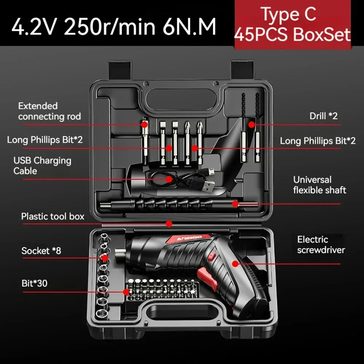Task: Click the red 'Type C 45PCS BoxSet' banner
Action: click(293, 24)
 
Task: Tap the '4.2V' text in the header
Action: click(33, 27)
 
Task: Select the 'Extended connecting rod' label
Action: click(50, 111)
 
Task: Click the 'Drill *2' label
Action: click(323, 116)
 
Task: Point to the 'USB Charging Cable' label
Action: click(42, 166)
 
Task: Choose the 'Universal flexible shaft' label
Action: click(320, 185)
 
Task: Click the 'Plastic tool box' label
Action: click(53, 216)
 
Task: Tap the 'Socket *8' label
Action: click(41, 251)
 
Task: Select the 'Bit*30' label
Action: click(34, 283)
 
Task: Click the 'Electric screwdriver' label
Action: click(321, 245)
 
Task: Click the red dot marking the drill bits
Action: click(252, 124)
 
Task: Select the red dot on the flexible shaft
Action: click(235, 204)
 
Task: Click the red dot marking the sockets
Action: click(105, 258)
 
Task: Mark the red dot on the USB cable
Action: click(169, 179)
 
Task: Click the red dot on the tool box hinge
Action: click(169, 224)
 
